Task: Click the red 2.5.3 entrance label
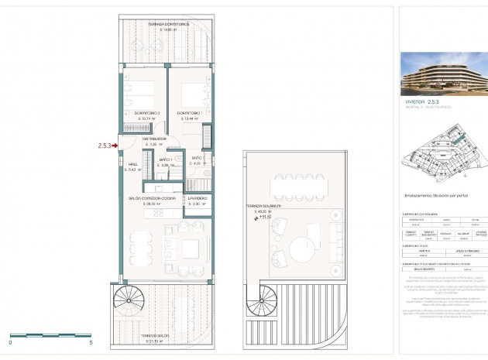click(104, 144)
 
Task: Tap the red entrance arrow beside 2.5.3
click(115, 144)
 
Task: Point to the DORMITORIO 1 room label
click(189, 114)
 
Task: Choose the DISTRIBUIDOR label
click(154, 139)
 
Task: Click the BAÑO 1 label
click(165, 160)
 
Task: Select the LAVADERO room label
click(196, 199)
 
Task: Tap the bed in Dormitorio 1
click(192, 95)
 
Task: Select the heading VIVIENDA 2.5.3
click(422, 101)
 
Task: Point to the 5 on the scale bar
click(91, 341)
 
